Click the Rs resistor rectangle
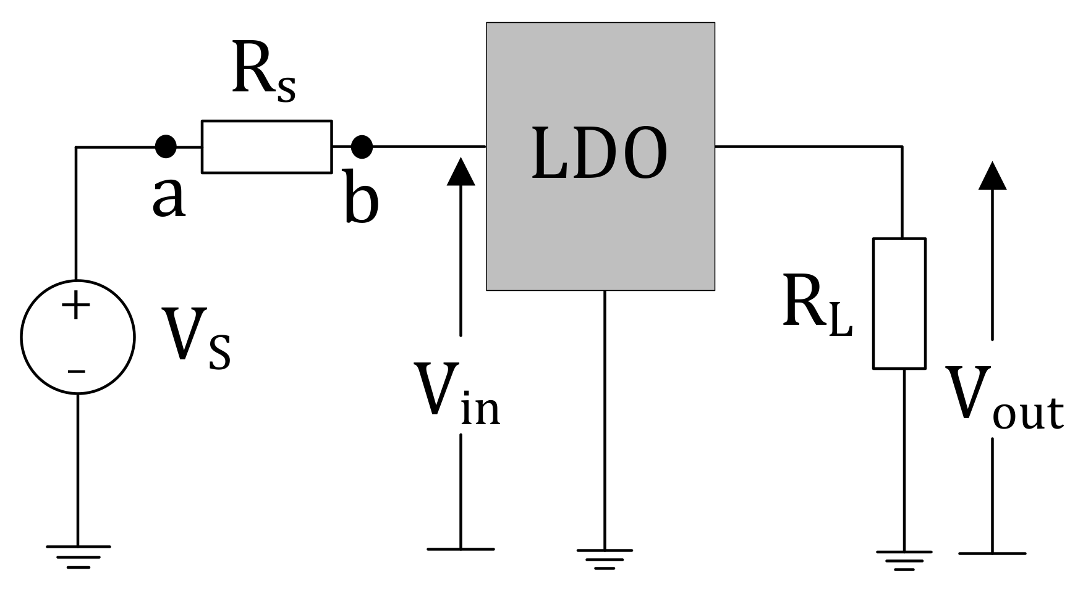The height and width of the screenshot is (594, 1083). click(x=266, y=147)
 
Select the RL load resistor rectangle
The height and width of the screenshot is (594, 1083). click(x=899, y=303)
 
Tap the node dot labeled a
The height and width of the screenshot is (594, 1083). click(x=166, y=147)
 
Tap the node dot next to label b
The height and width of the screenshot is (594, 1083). click(x=362, y=147)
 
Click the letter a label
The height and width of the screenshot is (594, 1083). click(x=169, y=199)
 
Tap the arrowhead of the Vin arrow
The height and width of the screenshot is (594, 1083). click(x=461, y=172)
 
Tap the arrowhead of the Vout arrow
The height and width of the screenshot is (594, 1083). click(x=992, y=175)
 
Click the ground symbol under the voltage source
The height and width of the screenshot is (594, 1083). click(x=78, y=556)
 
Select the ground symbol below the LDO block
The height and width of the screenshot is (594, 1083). click(x=604, y=558)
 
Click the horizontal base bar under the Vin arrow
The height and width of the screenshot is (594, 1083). click(x=461, y=548)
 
